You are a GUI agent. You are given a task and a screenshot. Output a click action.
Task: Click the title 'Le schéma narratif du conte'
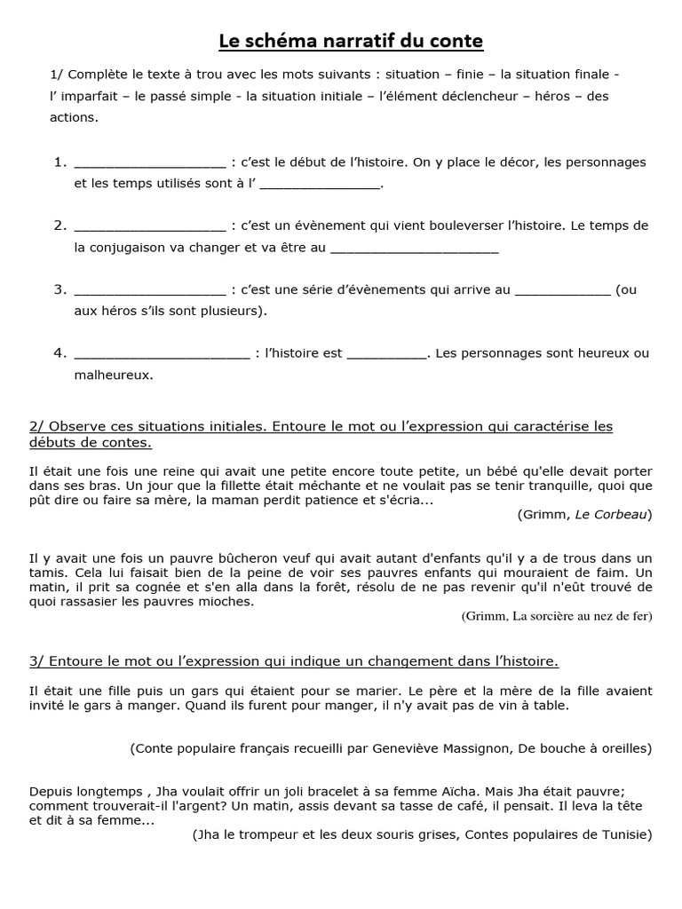(x=352, y=41)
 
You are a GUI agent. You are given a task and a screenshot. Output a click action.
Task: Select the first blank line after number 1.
(x=150, y=163)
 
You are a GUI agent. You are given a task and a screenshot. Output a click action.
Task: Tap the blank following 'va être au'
(x=414, y=248)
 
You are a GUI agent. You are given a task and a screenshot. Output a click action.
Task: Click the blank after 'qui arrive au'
(x=563, y=290)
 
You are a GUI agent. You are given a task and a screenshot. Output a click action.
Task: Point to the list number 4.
(x=60, y=353)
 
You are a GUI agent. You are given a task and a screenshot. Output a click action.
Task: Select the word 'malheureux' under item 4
(x=112, y=375)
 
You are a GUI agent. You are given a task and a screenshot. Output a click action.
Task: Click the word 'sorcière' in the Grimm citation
(x=551, y=617)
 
